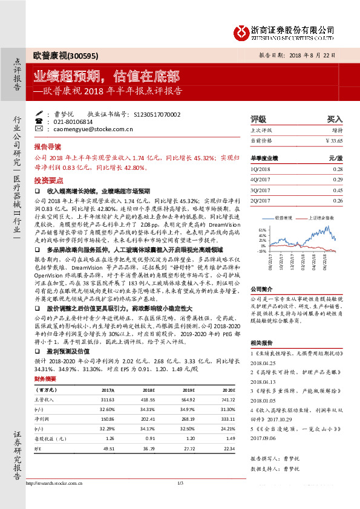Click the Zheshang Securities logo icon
pos(243,30)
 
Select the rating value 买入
pos(335,120)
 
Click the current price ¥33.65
pos(333,140)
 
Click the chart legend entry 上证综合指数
pos(322,216)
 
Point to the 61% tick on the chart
pos(261,230)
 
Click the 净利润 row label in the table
pos(42,420)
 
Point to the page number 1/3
pos(180,499)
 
